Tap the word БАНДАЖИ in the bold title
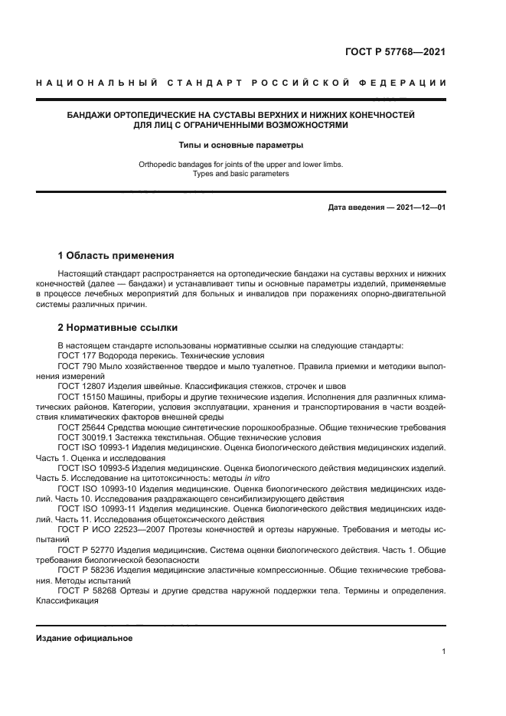(x=90, y=114)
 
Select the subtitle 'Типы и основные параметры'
(x=241, y=144)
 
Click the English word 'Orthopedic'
(x=158, y=163)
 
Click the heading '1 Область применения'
(x=116, y=256)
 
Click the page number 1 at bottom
(x=443, y=651)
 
